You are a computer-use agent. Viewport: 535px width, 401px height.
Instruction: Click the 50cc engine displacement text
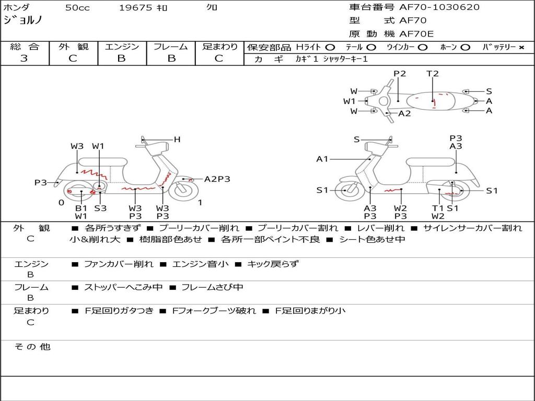pyautogui.click(x=77, y=8)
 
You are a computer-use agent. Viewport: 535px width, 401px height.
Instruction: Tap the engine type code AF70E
pyautogui.click(x=416, y=34)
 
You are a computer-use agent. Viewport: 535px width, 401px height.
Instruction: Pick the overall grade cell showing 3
pyautogui.click(x=24, y=58)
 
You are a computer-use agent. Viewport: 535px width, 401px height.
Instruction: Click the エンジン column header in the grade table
pyautogui.click(x=122, y=46)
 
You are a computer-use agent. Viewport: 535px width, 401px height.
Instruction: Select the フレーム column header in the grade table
pyautogui.click(x=170, y=46)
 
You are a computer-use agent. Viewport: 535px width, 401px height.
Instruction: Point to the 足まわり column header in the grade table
pyautogui.click(x=219, y=46)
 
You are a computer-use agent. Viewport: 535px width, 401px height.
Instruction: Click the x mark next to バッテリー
pyautogui.click(x=521, y=48)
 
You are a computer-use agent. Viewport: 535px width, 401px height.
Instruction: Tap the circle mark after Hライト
pyautogui.click(x=330, y=48)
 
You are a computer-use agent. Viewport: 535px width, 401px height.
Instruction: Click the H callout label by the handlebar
pyautogui.click(x=177, y=139)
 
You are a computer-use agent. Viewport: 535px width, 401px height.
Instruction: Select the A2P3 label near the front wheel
pyautogui.click(x=217, y=179)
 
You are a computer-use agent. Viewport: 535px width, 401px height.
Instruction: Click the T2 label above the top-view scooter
pyautogui.click(x=433, y=74)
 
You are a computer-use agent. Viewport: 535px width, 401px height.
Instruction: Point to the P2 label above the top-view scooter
pyautogui.click(x=400, y=74)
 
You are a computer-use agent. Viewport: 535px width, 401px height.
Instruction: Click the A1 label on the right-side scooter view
pyautogui.click(x=322, y=159)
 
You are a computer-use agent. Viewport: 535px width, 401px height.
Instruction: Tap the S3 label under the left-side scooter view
pyautogui.click(x=100, y=208)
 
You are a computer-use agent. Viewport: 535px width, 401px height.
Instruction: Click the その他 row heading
pyautogui.click(x=32, y=347)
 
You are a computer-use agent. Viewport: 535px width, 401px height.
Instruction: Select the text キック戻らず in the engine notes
pyautogui.click(x=273, y=264)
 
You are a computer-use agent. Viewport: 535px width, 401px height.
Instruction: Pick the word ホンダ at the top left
pyautogui.click(x=17, y=8)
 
